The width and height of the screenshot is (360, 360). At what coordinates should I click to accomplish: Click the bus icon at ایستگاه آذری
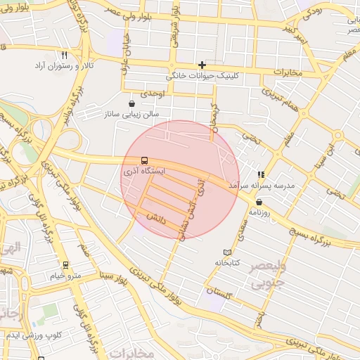(144, 160)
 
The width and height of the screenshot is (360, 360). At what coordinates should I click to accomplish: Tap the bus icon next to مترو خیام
(66, 265)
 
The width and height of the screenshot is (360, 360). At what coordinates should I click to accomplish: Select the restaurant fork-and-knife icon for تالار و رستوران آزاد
(64, 55)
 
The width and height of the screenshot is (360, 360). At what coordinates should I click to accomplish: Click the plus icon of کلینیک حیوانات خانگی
(202, 65)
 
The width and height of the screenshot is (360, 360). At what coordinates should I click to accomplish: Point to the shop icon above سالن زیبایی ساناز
(131, 103)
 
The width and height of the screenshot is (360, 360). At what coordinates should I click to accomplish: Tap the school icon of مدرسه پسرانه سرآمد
(261, 174)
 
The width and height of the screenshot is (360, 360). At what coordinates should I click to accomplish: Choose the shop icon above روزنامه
(259, 202)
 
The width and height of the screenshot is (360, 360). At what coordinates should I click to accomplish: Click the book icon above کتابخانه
(226, 252)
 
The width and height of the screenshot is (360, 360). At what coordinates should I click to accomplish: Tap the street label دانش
(155, 219)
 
